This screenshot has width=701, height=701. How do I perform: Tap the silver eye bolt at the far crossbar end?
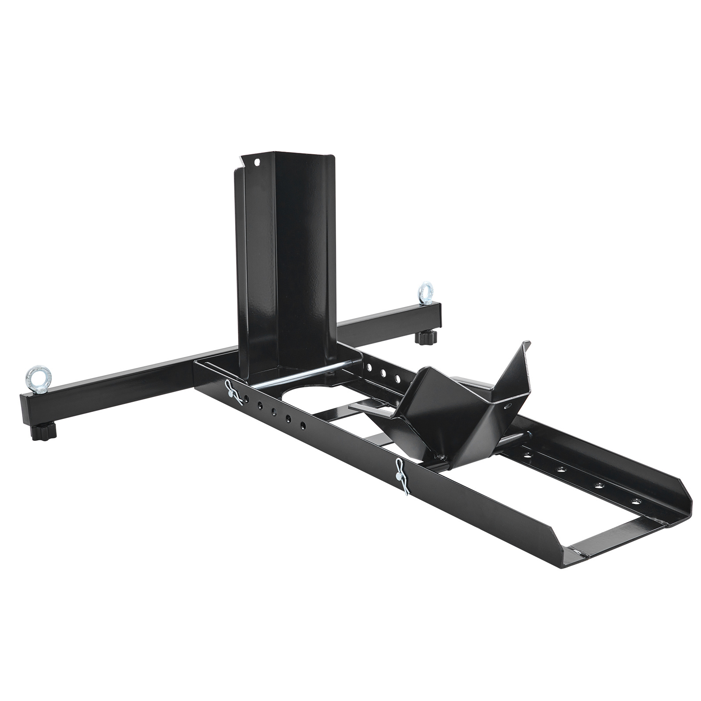pos(425,292)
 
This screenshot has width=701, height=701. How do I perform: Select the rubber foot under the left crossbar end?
pos(44,432)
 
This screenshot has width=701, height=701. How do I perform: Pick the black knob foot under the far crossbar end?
pos(426,338)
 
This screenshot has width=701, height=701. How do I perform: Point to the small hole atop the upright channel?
pos(257,163)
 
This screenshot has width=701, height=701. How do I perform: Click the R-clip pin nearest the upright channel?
pos(234,392)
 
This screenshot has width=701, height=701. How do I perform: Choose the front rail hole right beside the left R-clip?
pos(247,398)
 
